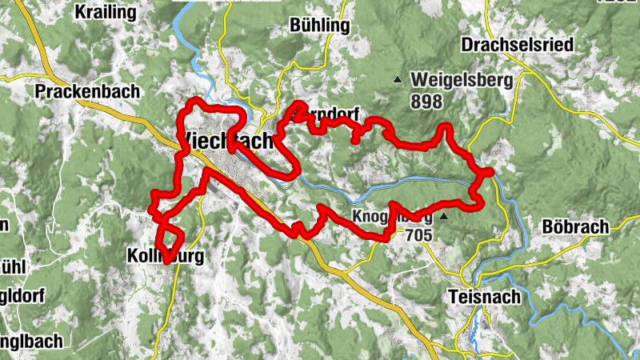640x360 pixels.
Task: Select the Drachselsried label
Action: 517,44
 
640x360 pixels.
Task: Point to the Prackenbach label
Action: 87,92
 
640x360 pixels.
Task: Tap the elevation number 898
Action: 427,101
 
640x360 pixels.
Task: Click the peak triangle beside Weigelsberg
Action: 397,79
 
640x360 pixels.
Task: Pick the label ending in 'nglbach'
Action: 31,341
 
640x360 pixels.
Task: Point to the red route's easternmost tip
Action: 490,171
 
